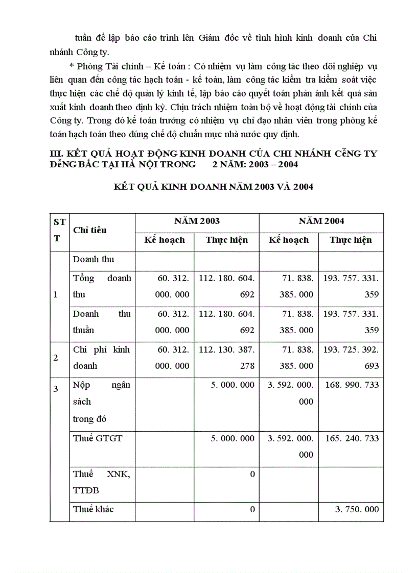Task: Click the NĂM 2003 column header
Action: (197, 221)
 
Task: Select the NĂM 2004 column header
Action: (321, 221)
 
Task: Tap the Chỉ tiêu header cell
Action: (90, 230)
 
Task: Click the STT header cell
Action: (59, 230)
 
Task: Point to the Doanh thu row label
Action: (94, 259)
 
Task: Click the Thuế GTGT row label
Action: (98, 438)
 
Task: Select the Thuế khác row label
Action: (94, 509)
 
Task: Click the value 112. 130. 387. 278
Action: (226, 358)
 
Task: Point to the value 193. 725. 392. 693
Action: (351, 358)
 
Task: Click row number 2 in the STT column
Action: (56, 358)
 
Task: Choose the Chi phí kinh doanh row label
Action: (101, 358)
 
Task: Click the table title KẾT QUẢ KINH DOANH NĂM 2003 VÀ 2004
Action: (213, 187)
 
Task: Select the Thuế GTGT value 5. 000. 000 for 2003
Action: (233, 438)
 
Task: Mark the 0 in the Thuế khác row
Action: (252, 509)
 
